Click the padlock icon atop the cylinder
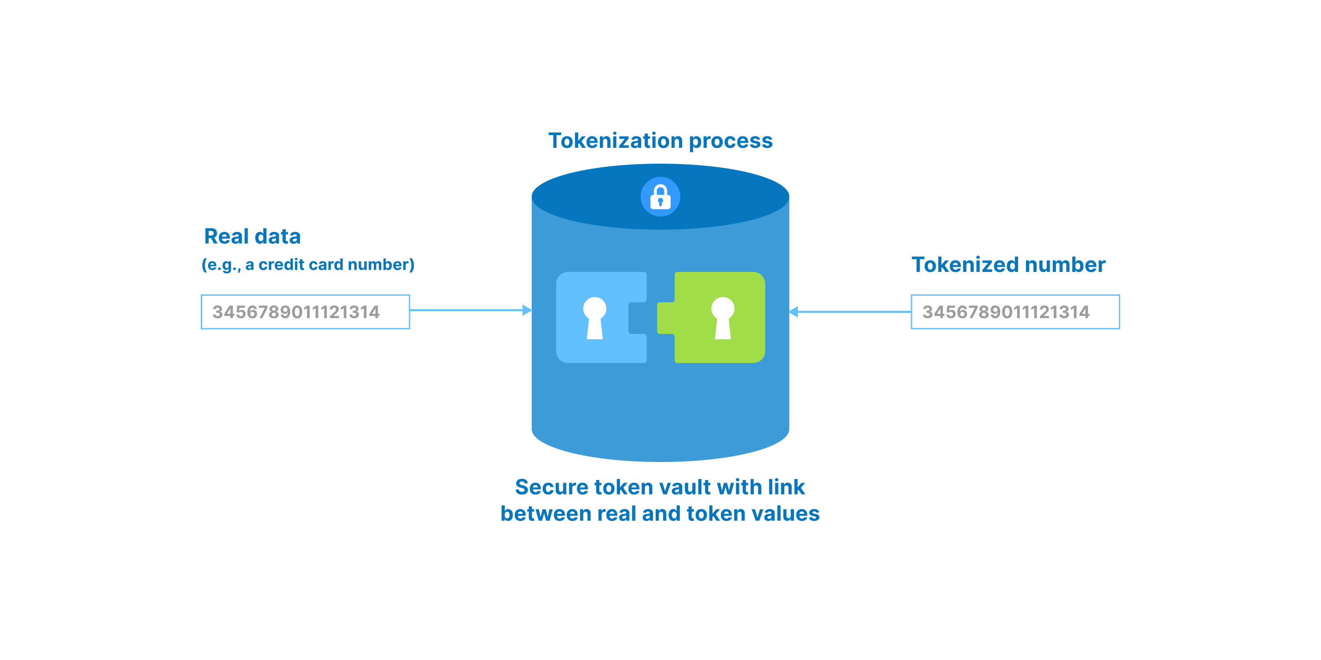pyautogui.click(x=660, y=197)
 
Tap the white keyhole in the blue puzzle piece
pyautogui.click(x=594, y=318)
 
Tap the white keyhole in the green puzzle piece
pyautogui.click(x=723, y=318)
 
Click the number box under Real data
pyautogui.click(x=306, y=312)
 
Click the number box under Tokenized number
pyautogui.click(x=1015, y=312)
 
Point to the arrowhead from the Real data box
pyautogui.click(x=527, y=310)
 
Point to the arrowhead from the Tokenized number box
pyautogui.click(x=794, y=312)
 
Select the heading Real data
pyautogui.click(x=252, y=236)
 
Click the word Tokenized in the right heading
pyautogui.click(x=965, y=264)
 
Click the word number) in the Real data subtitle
pyautogui.click(x=381, y=264)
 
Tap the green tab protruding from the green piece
pyautogui.click(x=666, y=318)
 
